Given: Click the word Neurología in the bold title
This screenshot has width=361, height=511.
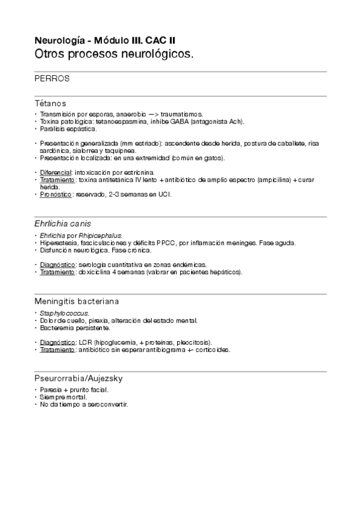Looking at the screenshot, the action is coord(58,41).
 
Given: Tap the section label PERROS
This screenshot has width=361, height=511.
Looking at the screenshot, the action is coord(52,79).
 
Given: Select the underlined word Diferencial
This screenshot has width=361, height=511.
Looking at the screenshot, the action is coord(55,172).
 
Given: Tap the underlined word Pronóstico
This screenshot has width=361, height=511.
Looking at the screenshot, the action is coord(57,194).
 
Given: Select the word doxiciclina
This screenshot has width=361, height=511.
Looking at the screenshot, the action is coord(94,272).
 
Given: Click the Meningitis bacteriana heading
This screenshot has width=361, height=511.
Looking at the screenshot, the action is coord(81,301).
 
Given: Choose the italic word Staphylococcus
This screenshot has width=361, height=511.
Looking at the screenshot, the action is coord(64,313).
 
